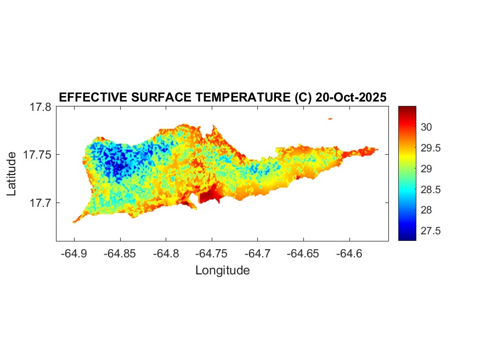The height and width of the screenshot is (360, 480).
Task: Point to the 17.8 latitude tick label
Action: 41,107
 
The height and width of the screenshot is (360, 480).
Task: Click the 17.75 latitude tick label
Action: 37,155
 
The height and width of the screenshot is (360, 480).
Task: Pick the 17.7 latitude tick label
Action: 41,203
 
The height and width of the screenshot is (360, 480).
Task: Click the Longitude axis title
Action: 222,270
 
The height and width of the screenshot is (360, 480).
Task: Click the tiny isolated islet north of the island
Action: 330,119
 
